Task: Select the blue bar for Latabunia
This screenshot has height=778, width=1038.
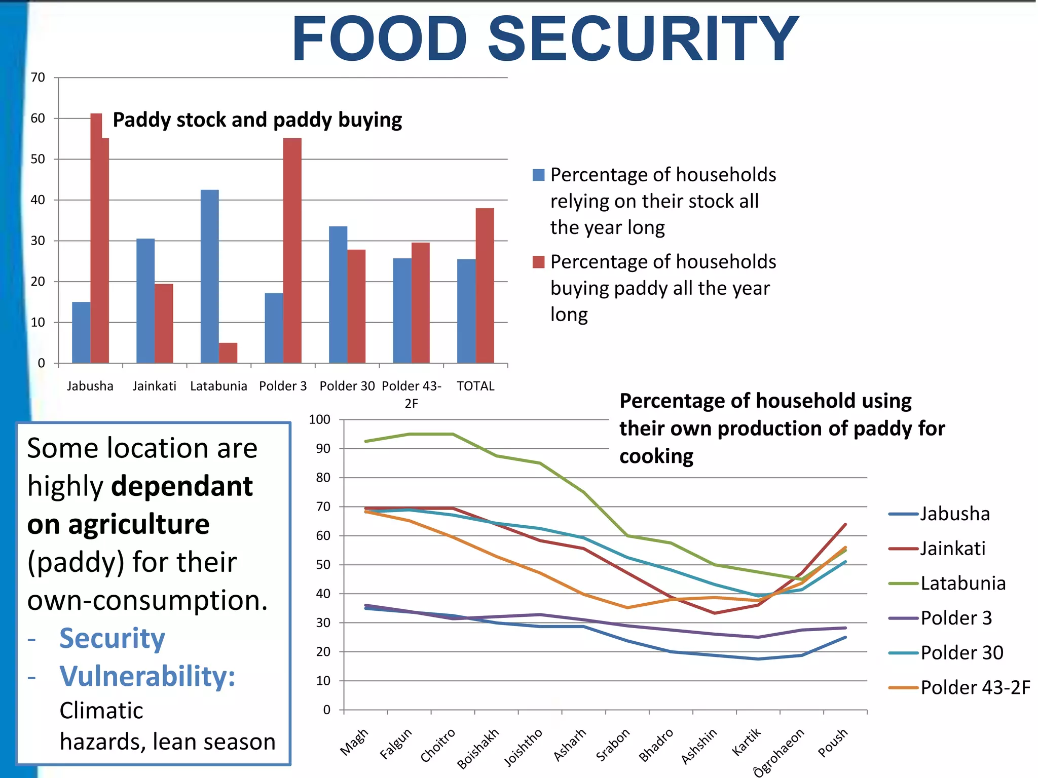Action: click(209, 276)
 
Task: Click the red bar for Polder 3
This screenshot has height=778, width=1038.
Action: click(292, 250)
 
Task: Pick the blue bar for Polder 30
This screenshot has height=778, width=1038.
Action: click(338, 294)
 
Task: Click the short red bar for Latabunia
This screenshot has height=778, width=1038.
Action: click(228, 353)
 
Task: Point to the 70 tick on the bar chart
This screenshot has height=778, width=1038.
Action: click(38, 77)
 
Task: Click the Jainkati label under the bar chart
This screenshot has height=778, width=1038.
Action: click(154, 386)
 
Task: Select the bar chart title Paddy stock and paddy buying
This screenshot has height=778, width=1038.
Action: click(257, 120)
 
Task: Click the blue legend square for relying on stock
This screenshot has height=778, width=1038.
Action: click(538, 175)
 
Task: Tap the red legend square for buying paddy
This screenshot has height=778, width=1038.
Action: click(538, 262)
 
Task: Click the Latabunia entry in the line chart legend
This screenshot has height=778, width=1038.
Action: click(962, 583)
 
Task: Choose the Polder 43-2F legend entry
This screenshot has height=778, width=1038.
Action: click(975, 688)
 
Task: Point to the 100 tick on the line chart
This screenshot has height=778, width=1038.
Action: click(319, 419)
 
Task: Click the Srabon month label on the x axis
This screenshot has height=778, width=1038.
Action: click(613, 745)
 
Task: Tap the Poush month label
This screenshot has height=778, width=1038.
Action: click(833, 743)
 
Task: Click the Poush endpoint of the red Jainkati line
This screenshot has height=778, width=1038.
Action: click(845, 524)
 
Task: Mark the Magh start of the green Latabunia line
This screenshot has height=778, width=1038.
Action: click(366, 441)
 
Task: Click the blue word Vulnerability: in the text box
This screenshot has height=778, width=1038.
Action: click(147, 676)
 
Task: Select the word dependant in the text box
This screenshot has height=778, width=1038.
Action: click(182, 486)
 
